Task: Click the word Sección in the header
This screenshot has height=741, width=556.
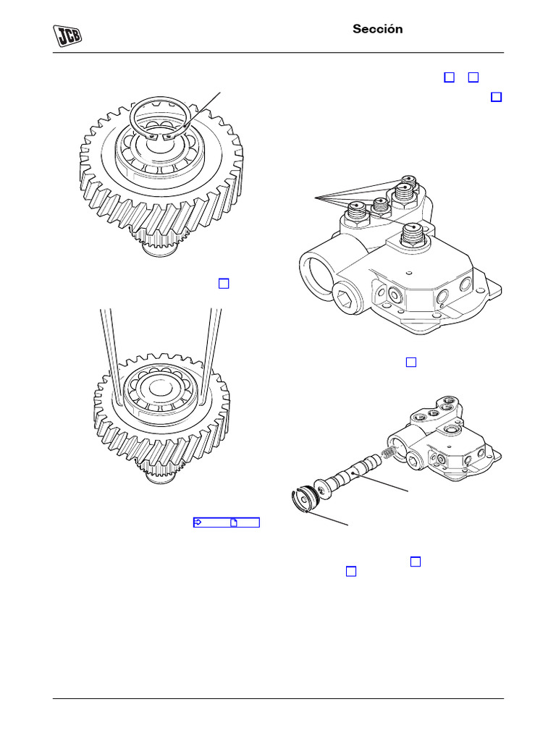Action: [x=377, y=29]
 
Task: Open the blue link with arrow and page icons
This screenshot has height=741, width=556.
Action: [x=226, y=522]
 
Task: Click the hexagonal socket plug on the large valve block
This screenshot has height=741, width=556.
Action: [x=348, y=300]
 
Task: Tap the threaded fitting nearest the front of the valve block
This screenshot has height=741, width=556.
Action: [x=413, y=232]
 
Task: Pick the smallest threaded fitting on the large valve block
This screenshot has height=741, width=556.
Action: [x=379, y=206]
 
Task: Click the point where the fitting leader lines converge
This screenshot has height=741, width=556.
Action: [x=316, y=197]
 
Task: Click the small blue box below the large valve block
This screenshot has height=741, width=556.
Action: [x=411, y=362]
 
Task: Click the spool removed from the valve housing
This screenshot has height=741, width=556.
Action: [x=355, y=474]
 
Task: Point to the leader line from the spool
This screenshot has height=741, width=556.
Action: [x=388, y=485]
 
